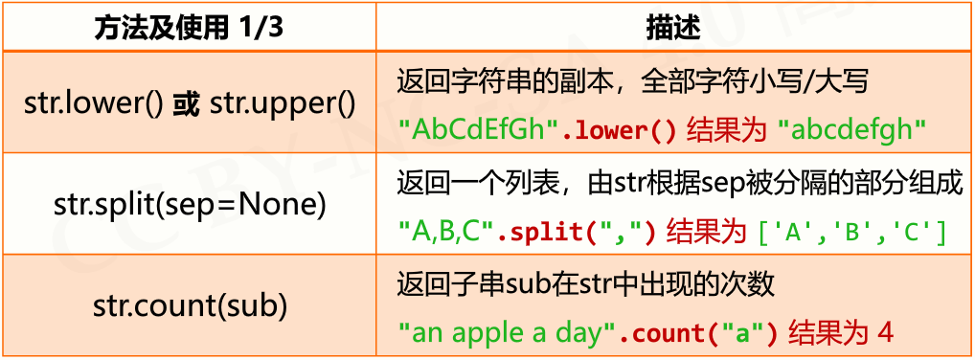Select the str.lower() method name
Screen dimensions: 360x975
(x=94, y=103)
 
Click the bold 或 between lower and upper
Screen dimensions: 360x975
(x=185, y=103)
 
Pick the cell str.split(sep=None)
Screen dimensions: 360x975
(x=189, y=204)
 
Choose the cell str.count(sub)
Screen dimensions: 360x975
(x=190, y=306)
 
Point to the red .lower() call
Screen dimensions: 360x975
(x=619, y=129)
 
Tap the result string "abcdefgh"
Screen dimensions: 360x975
(x=851, y=129)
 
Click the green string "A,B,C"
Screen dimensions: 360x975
(x=447, y=231)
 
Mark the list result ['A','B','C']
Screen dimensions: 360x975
(x=852, y=231)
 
